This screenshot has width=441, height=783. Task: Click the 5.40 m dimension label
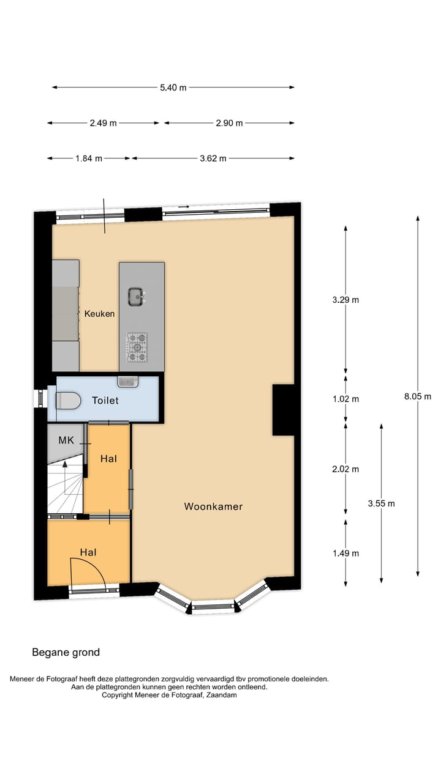coord(173,87)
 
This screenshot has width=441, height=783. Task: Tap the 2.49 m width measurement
coord(103,123)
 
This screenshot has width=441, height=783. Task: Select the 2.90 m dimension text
coord(229,123)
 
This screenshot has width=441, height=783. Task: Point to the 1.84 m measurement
coord(89,158)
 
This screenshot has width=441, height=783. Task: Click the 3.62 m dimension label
coord(213,158)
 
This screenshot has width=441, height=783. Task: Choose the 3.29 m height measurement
coord(345,300)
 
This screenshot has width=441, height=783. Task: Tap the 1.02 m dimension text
coord(345,399)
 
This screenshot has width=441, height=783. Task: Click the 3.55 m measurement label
coord(381,503)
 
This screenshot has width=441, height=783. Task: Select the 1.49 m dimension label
coord(345,553)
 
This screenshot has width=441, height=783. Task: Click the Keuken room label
coord(99,314)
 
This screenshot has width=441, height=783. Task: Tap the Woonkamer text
coord(213,507)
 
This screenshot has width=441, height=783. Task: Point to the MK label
coord(66,440)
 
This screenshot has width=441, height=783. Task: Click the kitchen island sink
coord(136,297)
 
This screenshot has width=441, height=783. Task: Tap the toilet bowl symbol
coord(68,401)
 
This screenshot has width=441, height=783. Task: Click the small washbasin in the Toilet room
coord(128,381)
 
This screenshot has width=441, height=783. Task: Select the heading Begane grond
coord(66,652)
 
